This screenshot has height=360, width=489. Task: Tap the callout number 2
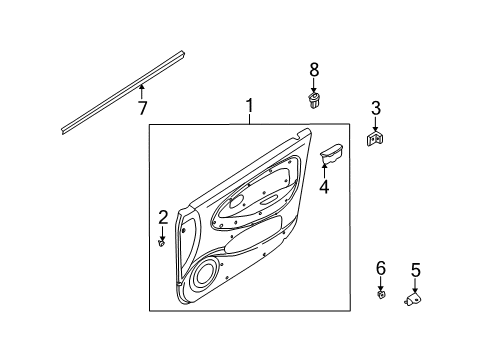click(x=162, y=217)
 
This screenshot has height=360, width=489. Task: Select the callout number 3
click(x=376, y=108)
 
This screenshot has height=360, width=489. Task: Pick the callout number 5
click(x=415, y=269)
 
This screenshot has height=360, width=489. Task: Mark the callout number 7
click(x=142, y=107)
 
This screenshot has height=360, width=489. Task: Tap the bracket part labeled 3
click(x=376, y=140)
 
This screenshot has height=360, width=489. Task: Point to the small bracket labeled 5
click(x=413, y=298)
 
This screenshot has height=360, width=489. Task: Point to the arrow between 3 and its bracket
click(x=376, y=123)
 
